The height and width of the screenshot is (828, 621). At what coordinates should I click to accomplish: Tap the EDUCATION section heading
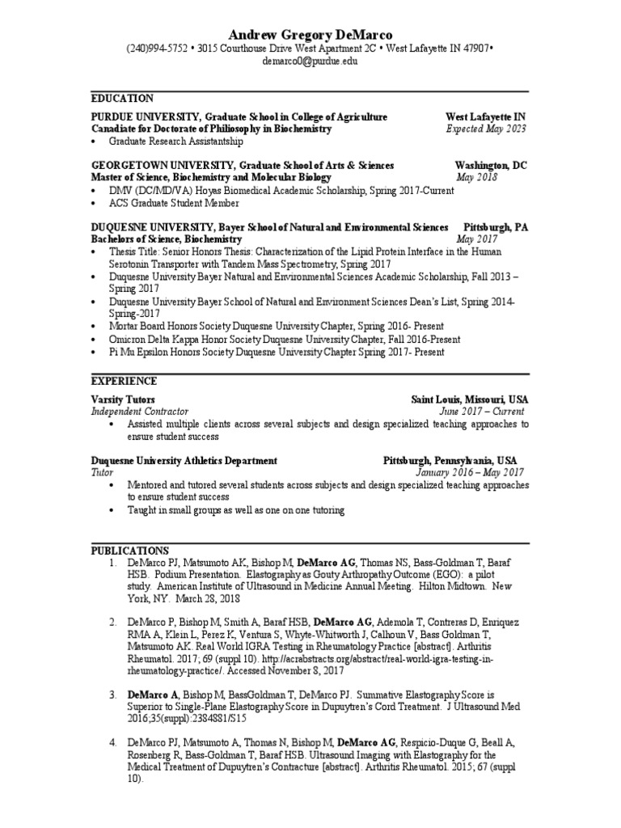coord(122,98)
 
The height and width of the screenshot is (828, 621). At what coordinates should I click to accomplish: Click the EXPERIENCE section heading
coord(124,381)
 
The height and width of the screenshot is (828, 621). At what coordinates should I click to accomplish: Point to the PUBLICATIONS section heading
coord(129,550)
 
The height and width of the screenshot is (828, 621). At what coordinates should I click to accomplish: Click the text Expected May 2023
coord(485,129)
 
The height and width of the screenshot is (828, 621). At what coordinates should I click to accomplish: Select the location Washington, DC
coord(490,165)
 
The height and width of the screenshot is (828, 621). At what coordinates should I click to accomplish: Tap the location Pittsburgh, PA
coord(495,228)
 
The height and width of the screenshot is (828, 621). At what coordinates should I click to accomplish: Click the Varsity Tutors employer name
coord(123,400)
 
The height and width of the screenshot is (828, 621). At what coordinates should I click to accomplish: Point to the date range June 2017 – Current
coord(479,412)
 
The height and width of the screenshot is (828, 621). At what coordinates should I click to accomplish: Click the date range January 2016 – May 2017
coord(470,472)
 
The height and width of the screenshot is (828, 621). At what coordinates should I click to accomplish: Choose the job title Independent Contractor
coord(139,412)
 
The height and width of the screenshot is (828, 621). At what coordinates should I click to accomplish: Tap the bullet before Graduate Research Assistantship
coord(95,142)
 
